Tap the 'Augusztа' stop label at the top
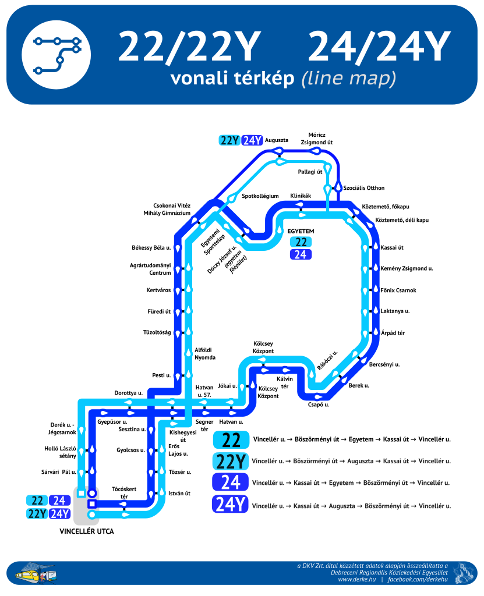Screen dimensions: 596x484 [x=277, y=140]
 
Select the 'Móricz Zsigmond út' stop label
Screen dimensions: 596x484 [x=316, y=138]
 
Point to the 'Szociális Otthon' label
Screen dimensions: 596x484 [x=364, y=188]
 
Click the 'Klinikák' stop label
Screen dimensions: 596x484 [x=301, y=196]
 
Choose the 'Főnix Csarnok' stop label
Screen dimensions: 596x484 [x=398, y=290]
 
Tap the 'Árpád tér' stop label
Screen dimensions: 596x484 [x=393, y=332]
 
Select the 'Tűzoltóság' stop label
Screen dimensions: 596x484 [x=157, y=332]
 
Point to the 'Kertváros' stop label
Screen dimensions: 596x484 [x=158, y=290]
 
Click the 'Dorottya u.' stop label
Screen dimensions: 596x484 [x=128, y=393]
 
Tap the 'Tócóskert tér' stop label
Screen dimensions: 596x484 [x=123, y=492]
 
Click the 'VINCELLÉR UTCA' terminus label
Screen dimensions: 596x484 [x=87, y=531]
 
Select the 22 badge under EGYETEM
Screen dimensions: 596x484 [x=300, y=242]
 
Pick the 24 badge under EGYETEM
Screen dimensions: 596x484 [x=300, y=254]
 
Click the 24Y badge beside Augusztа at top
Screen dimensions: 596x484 [x=252, y=140]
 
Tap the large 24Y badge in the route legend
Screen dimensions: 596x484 [x=230, y=505]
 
